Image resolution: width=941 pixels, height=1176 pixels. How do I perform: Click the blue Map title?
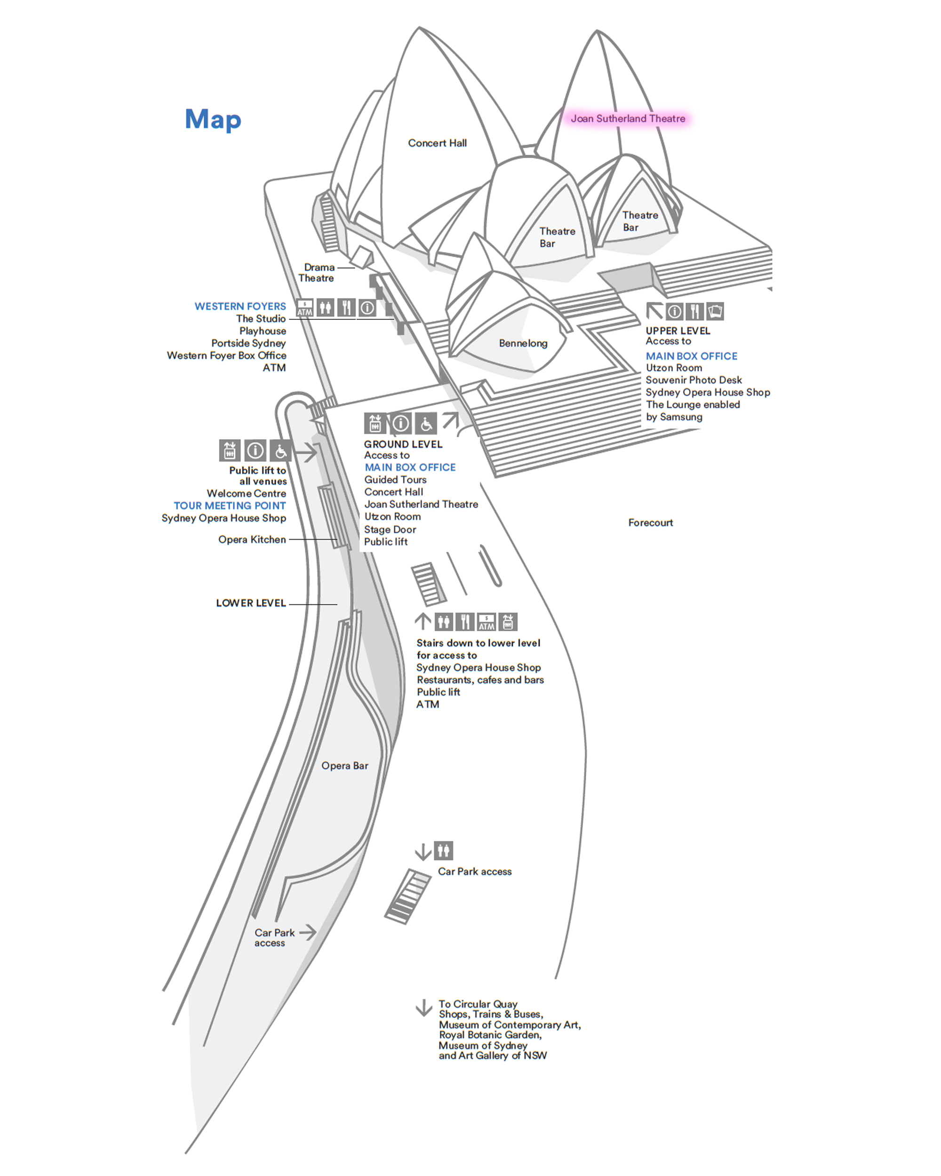pyautogui.click(x=213, y=119)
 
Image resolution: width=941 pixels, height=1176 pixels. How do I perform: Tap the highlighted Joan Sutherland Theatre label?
pyautogui.click(x=627, y=119)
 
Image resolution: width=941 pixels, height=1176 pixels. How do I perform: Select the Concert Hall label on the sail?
pyautogui.click(x=437, y=143)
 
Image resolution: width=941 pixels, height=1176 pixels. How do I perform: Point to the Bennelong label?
pyautogui.click(x=523, y=343)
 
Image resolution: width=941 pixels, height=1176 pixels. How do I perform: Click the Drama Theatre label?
pyautogui.click(x=317, y=273)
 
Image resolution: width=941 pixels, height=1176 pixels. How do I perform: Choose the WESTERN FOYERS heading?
pyautogui.click(x=240, y=306)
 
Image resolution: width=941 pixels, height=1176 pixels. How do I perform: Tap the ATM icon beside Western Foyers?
pyautogui.click(x=304, y=308)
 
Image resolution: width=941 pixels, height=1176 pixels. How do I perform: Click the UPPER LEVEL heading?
pyautogui.click(x=678, y=331)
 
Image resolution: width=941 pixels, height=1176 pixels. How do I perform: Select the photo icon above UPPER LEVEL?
pyautogui.click(x=715, y=311)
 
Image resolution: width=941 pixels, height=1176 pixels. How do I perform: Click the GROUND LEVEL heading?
pyautogui.click(x=403, y=444)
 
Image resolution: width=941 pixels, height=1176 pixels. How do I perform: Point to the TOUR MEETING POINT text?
pyautogui.click(x=230, y=506)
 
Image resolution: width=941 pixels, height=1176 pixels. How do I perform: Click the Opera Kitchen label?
pyautogui.click(x=252, y=540)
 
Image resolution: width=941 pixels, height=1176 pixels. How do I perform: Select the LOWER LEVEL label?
pyautogui.click(x=251, y=603)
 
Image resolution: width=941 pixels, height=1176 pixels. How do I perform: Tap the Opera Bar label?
pyautogui.click(x=345, y=765)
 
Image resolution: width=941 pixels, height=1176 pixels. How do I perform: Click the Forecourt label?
pyautogui.click(x=650, y=523)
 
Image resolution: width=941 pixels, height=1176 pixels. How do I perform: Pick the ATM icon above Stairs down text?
pyautogui.click(x=486, y=622)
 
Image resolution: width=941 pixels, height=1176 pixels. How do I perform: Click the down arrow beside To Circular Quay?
pyautogui.click(x=424, y=1008)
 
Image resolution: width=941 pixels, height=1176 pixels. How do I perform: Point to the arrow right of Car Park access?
pyautogui.click(x=308, y=932)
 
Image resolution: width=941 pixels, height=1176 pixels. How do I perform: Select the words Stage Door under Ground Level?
pyautogui.click(x=390, y=529)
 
